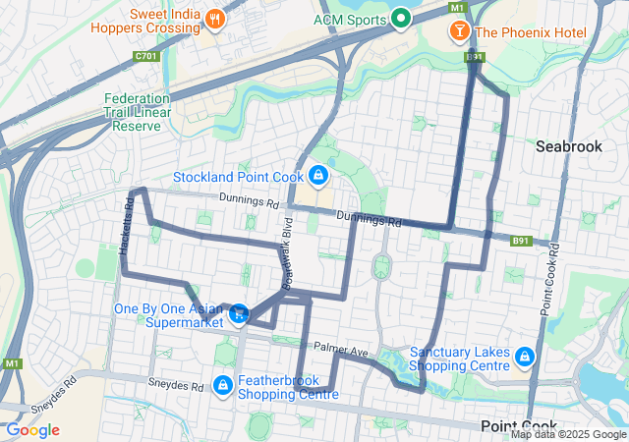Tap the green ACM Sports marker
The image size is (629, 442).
pyautogui.click(x=400, y=19)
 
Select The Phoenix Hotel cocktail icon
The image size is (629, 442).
pyautogui.click(x=458, y=32)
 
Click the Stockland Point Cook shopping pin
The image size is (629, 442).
pyautogui.click(x=317, y=177)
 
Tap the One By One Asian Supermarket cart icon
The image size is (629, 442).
pyautogui.click(x=239, y=314)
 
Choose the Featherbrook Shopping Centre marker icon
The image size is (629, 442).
pyautogui.click(x=223, y=384)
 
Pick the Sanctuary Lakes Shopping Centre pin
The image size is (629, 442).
pyautogui.click(x=524, y=356)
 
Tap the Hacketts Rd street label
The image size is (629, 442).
pyautogui.click(x=126, y=228)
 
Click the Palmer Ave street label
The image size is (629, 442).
pyautogui.click(x=340, y=349)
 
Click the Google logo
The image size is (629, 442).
pyautogui.click(x=32, y=430)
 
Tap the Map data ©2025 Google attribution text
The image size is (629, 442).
pyautogui.click(x=567, y=434)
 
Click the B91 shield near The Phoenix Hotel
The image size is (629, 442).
pyautogui.click(x=475, y=58)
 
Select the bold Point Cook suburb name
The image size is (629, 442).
pyautogui.click(x=520, y=425)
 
